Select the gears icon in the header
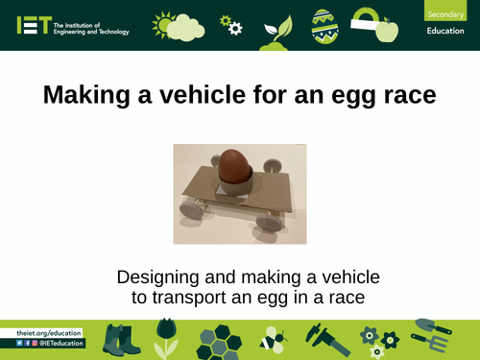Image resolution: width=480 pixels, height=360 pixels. pyautogui.click(x=231, y=24)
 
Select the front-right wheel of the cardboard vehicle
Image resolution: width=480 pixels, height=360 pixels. pyautogui.click(x=268, y=222)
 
